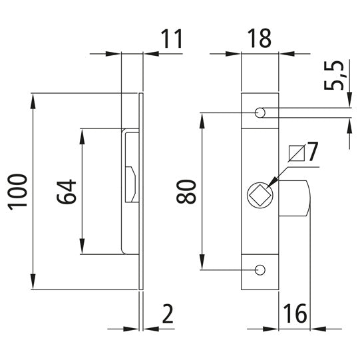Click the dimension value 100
(x=19, y=192)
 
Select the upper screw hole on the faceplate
(x=260, y=113)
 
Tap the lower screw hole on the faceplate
(x=260, y=270)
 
